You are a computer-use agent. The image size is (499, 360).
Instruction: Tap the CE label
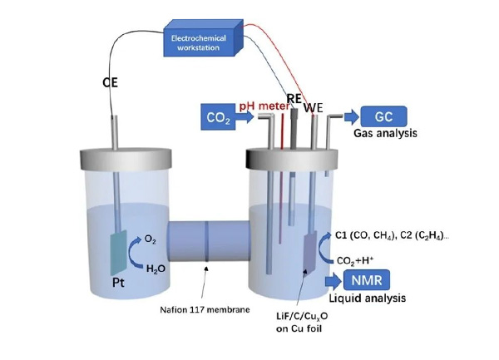(x=110, y=83)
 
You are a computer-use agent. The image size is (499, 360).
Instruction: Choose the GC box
(x=383, y=118)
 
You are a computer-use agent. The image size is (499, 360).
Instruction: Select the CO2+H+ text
(x=354, y=259)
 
